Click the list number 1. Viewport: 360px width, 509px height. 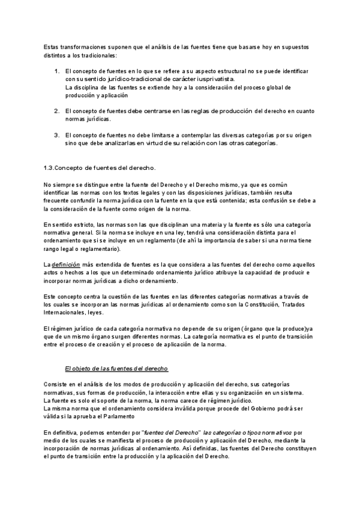tap(56, 71)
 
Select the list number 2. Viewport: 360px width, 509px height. tap(56, 111)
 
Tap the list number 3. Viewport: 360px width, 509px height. tap(56, 135)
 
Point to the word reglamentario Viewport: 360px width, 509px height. tap(97, 248)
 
